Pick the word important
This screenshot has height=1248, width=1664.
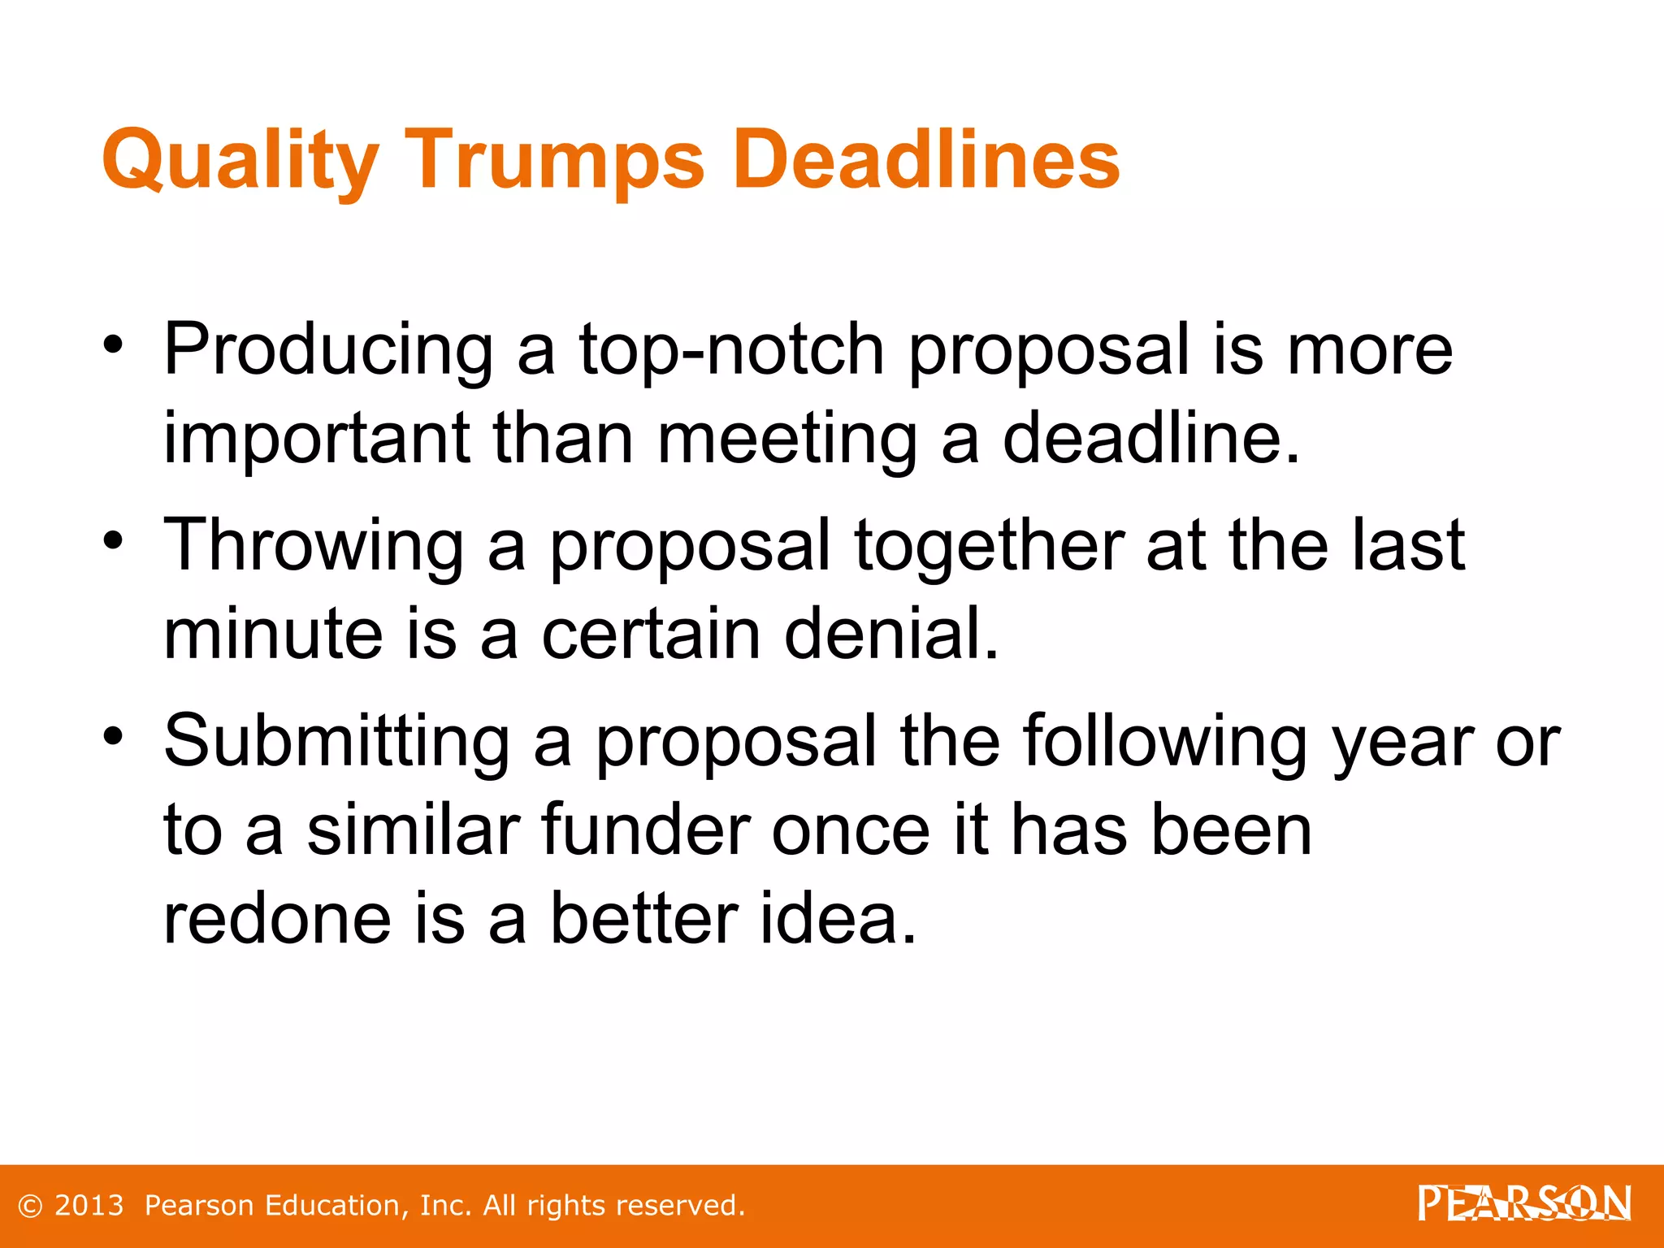click(x=317, y=439)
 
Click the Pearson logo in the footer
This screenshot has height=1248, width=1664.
click(x=1524, y=1204)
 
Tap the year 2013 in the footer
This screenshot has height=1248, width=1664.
click(x=89, y=1206)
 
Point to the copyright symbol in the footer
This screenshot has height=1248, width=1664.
click(x=29, y=1207)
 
